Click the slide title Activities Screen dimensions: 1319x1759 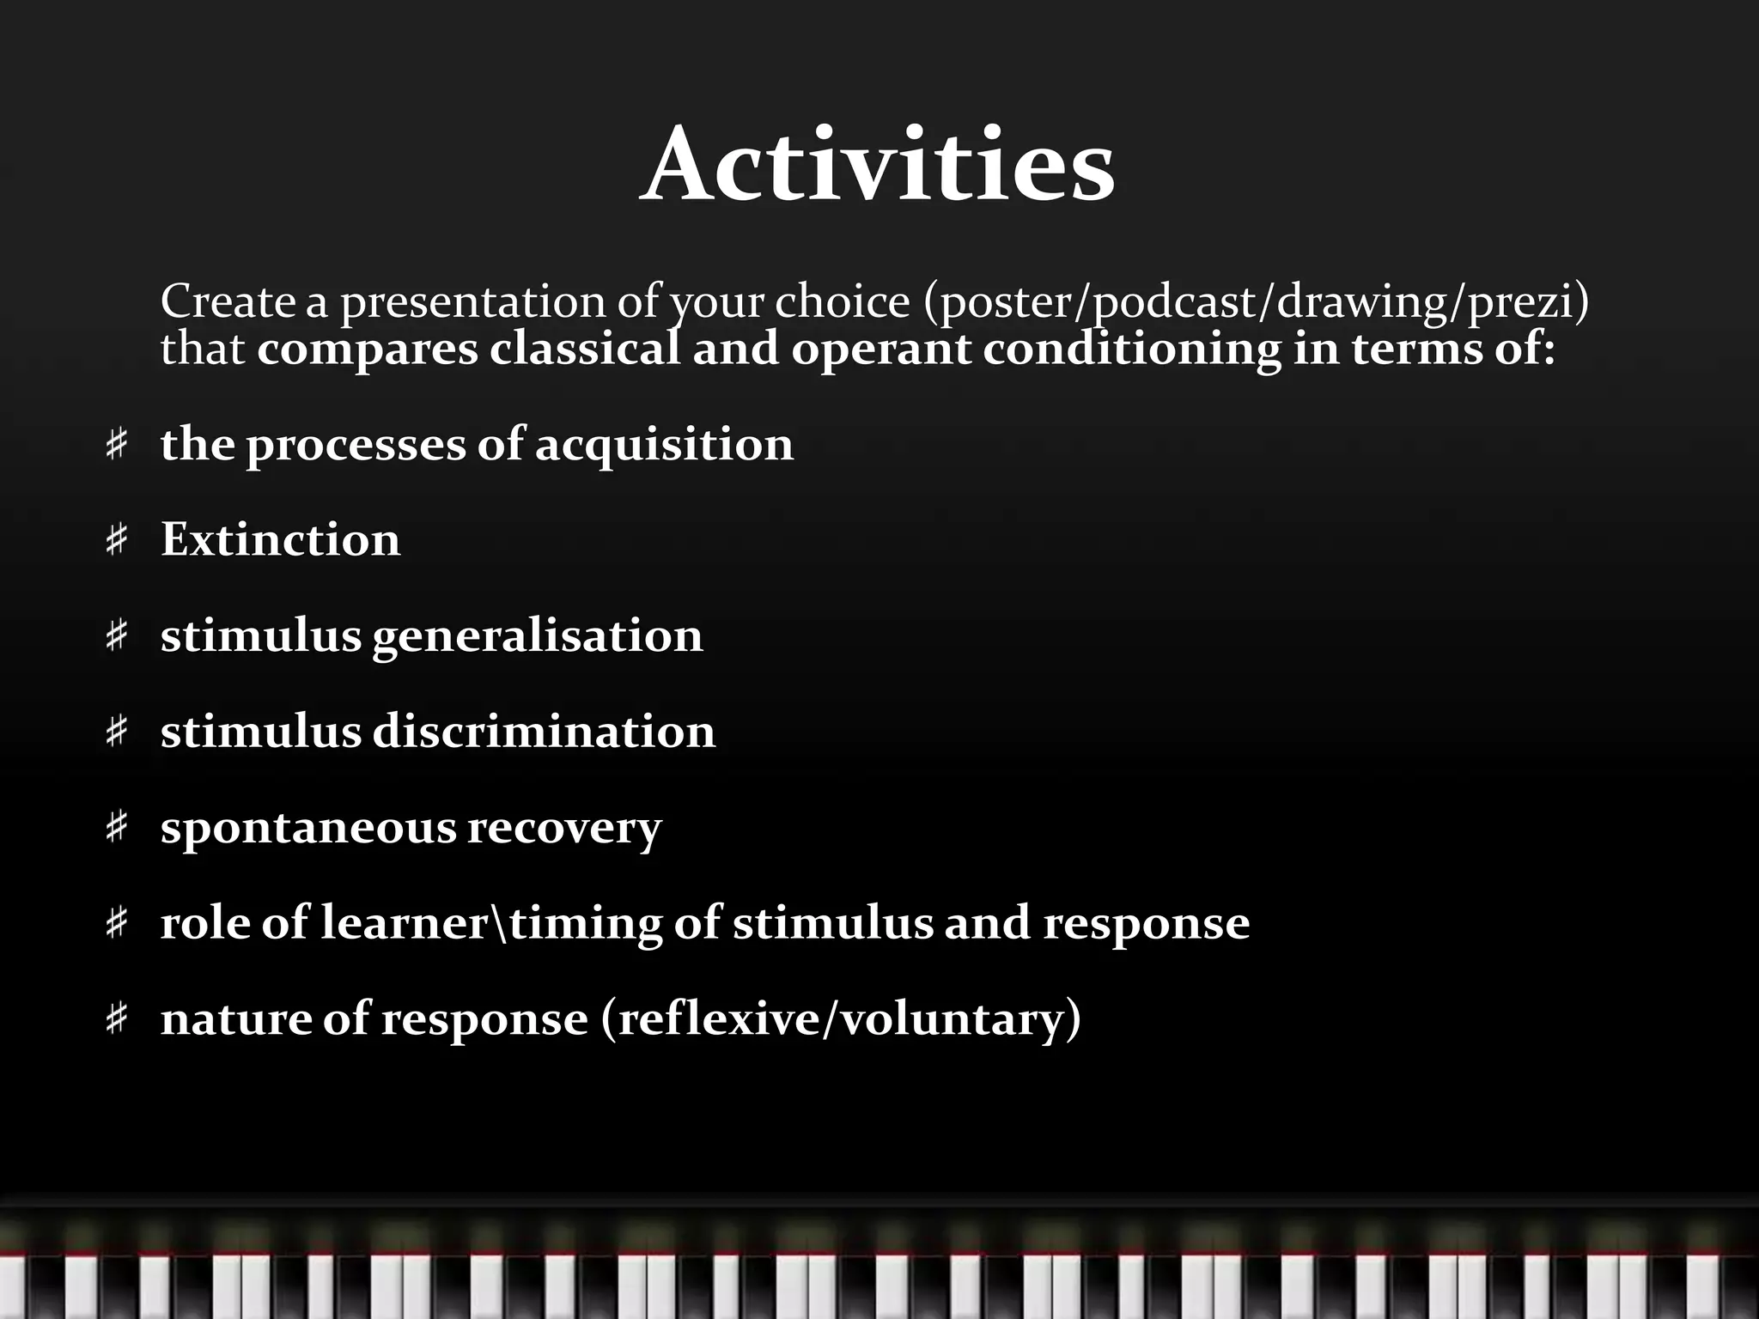tap(877, 165)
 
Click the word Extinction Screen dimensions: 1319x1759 tap(280, 540)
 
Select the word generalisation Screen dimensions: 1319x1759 tap(538, 637)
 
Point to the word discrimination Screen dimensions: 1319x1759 tap(544, 732)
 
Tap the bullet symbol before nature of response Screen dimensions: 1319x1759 tap(117, 1020)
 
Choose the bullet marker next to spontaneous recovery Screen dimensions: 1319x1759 tap(117, 829)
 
